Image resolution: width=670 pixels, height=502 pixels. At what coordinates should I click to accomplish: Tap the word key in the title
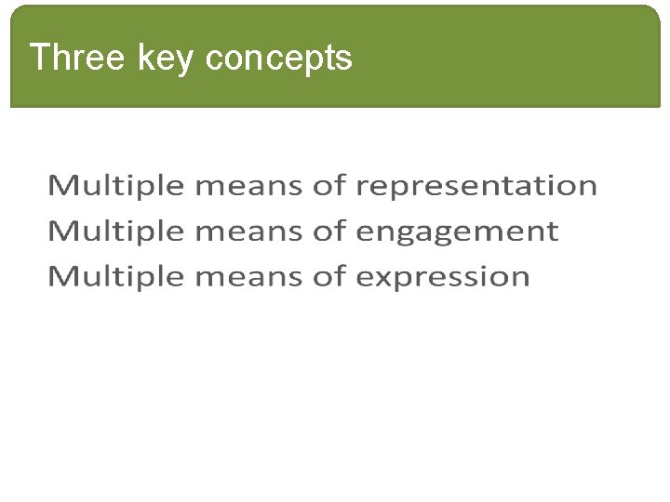(x=167, y=59)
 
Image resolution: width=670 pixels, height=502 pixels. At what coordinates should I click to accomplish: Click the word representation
(x=476, y=187)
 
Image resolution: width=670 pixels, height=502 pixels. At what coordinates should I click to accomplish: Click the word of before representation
(x=329, y=186)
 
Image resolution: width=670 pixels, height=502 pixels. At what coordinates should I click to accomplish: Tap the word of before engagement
(x=329, y=231)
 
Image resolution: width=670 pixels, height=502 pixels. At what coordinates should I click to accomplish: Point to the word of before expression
(x=329, y=276)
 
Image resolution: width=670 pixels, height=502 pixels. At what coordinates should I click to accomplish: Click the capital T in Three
(x=38, y=58)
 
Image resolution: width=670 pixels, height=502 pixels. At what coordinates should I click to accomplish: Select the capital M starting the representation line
(x=62, y=186)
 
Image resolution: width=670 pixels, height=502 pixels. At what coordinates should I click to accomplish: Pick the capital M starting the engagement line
(x=62, y=231)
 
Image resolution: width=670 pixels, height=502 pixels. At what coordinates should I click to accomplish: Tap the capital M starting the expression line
(x=62, y=276)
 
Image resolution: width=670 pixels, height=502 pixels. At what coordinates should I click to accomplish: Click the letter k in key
(x=145, y=58)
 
